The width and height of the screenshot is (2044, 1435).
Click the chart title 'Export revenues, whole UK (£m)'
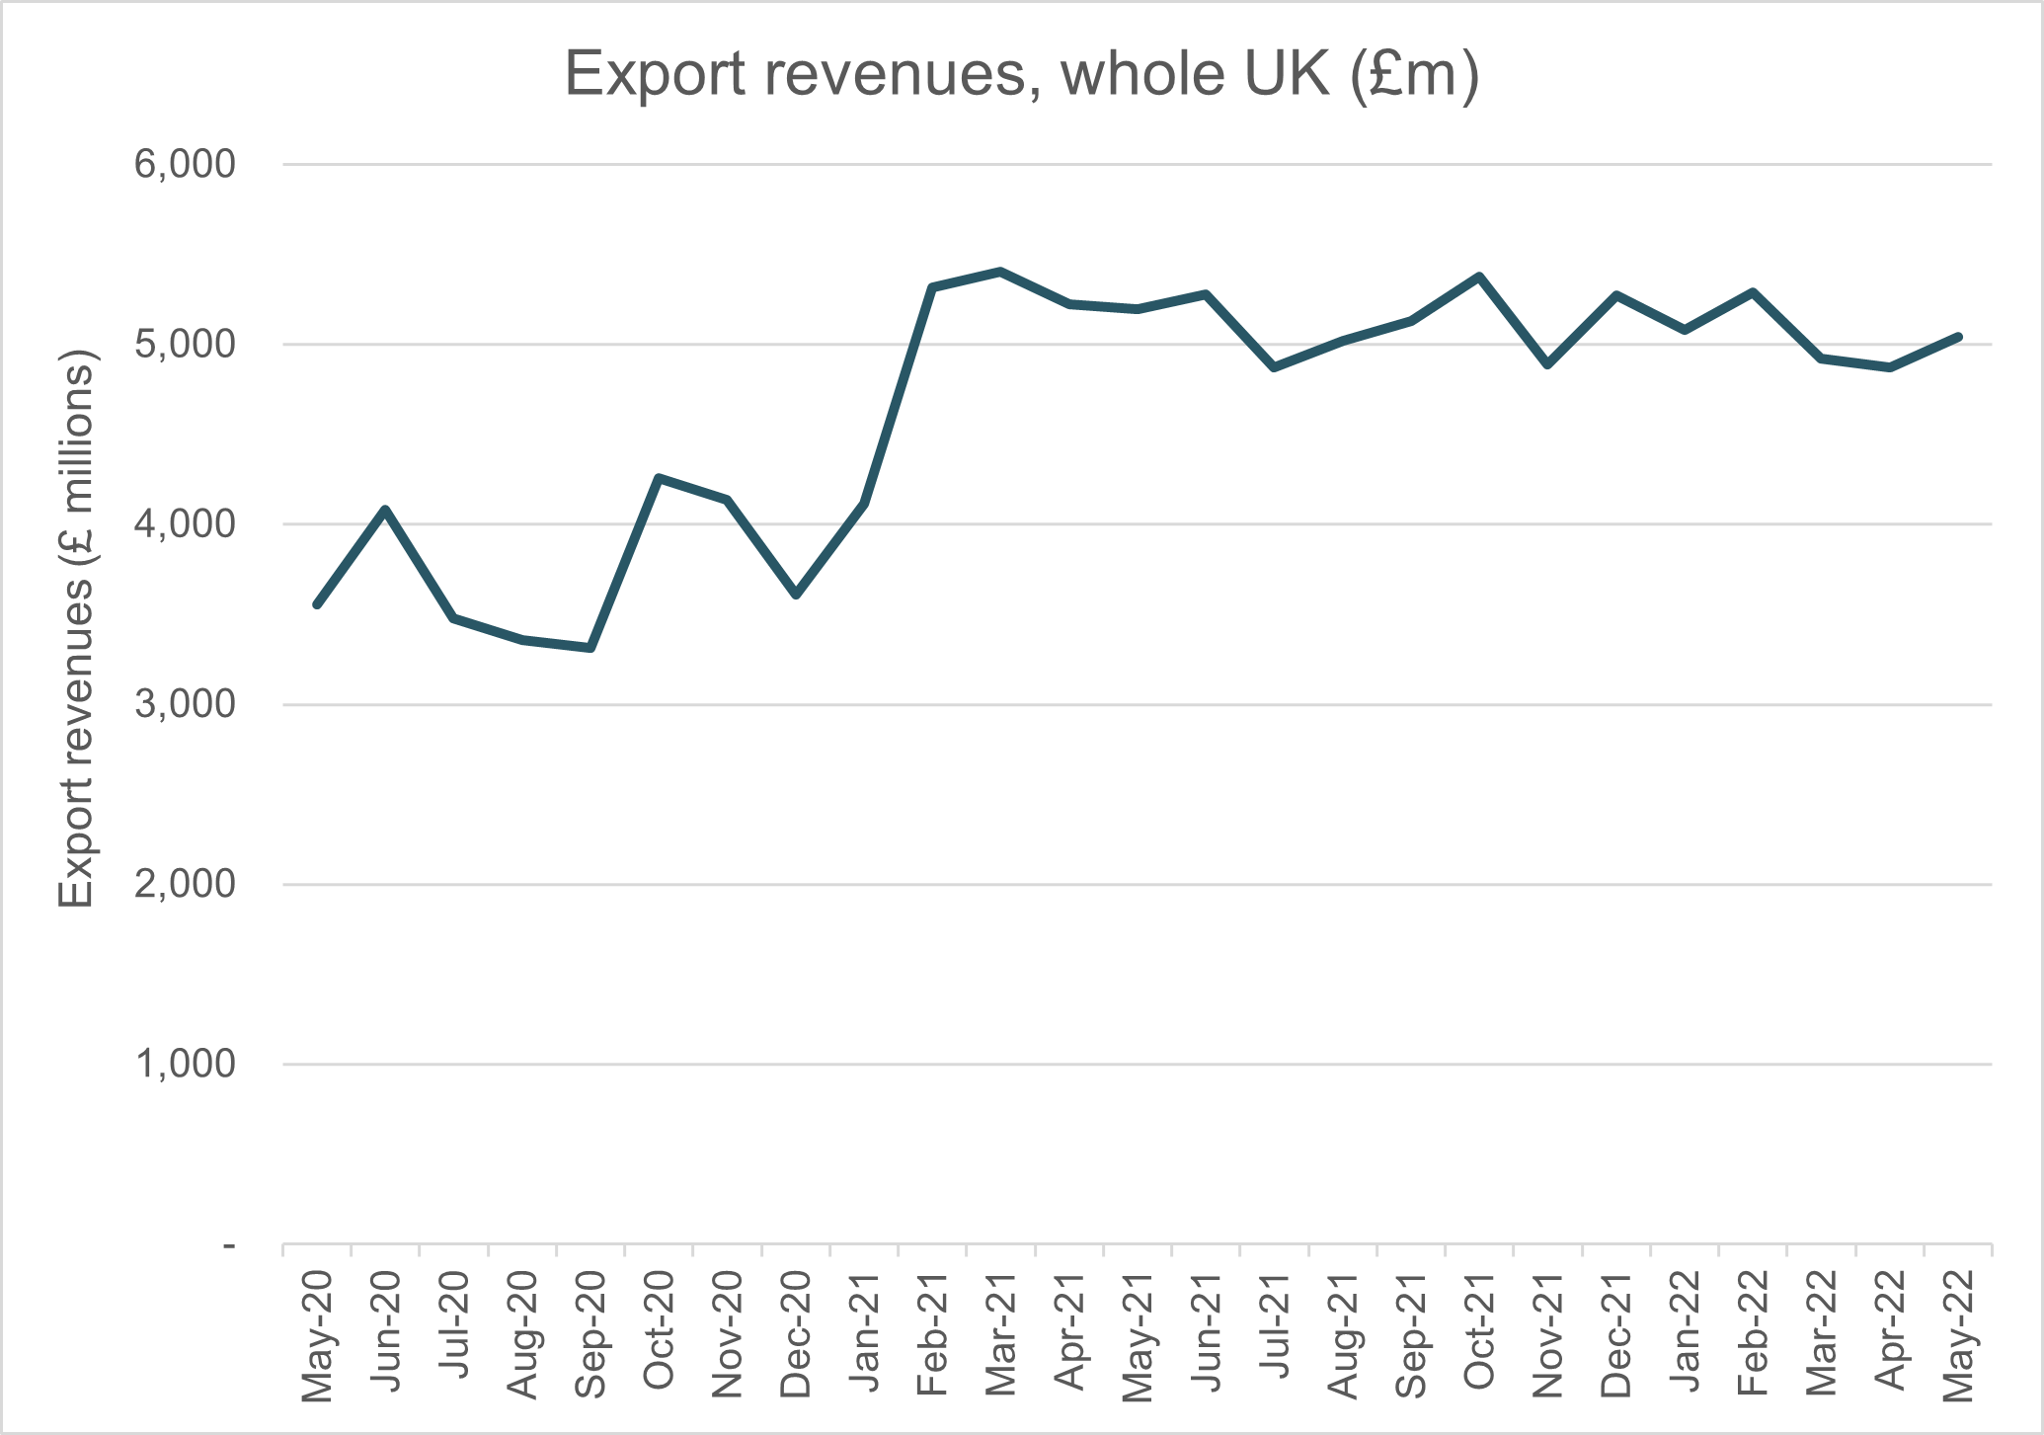[x=1022, y=74]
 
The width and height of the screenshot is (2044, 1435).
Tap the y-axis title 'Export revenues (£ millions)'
[x=76, y=628]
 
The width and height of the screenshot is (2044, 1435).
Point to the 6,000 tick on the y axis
[x=185, y=164]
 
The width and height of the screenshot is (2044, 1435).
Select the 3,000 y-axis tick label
[x=185, y=704]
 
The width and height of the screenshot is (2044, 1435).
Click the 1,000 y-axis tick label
[x=185, y=1065]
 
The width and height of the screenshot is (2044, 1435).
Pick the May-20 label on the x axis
[x=317, y=1335]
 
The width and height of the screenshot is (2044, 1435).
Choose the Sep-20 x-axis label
[x=590, y=1335]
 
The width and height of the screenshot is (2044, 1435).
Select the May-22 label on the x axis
[x=1958, y=1335]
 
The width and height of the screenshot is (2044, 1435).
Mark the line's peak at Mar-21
[x=1000, y=271]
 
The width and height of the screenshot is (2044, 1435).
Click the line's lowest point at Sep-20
[x=590, y=648]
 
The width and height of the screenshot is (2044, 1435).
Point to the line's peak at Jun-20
[x=385, y=510]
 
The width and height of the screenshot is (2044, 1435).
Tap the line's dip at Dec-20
[x=796, y=596]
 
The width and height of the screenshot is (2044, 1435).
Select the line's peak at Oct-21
[x=1479, y=277]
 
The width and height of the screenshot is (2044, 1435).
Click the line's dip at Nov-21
[x=1547, y=365]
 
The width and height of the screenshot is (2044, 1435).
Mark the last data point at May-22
[x=1958, y=337]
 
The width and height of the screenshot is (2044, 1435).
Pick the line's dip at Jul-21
[x=1274, y=367]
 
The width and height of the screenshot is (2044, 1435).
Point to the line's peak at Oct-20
[x=659, y=478]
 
